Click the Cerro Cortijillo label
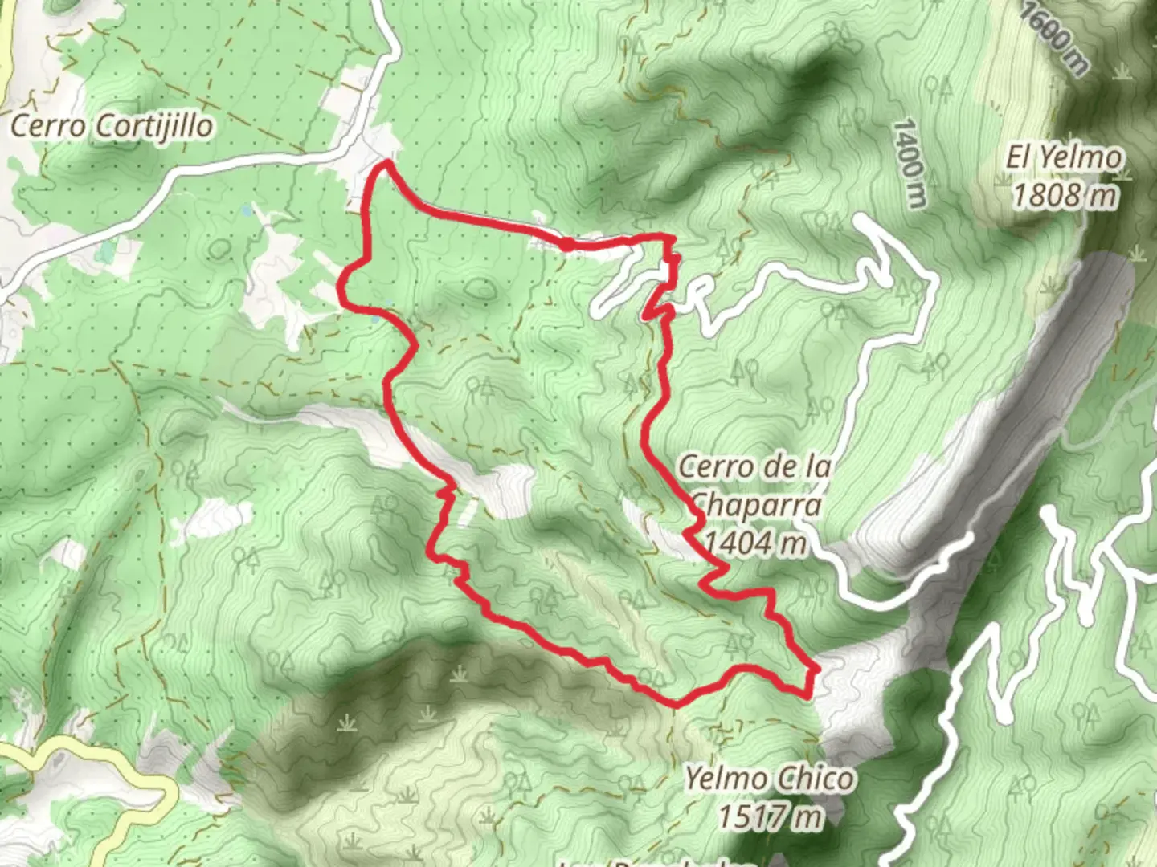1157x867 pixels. point(113,126)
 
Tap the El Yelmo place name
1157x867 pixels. point(1063,157)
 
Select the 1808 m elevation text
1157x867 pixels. point(1065,195)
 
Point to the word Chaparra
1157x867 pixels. point(756,506)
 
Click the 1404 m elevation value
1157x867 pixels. point(754,543)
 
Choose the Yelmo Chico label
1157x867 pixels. point(769,779)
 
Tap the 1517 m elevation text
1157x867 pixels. point(770,816)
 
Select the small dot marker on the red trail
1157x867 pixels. point(567,242)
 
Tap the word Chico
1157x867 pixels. point(815,779)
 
